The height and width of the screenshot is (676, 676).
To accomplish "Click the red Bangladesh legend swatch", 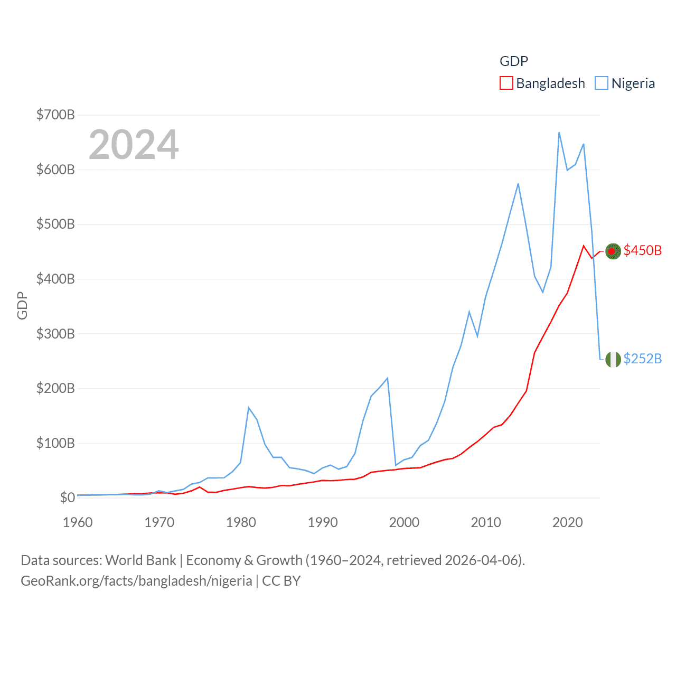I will (506, 83).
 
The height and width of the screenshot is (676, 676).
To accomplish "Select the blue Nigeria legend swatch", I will (601, 83).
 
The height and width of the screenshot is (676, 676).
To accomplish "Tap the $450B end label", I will (642, 250).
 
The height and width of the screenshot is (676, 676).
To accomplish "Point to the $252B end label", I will (642, 359).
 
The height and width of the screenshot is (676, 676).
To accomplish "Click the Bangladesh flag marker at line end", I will (613, 251).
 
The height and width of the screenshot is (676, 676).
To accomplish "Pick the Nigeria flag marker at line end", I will (613, 360).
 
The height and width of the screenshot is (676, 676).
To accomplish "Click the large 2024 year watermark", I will (134, 144).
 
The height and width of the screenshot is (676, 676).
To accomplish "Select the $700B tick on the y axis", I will (55, 115).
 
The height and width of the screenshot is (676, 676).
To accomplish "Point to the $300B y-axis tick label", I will (55, 334).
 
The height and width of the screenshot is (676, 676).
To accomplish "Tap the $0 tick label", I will (67, 497).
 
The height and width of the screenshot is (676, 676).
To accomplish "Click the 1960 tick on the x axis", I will (78, 522).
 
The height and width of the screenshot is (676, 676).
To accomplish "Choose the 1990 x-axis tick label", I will (323, 522).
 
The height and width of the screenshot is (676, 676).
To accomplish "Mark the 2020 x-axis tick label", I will (568, 522).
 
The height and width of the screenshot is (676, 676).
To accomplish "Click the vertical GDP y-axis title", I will (22, 305).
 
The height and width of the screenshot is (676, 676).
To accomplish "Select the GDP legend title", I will (514, 61).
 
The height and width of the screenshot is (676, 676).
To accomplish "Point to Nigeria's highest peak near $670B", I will (559, 133).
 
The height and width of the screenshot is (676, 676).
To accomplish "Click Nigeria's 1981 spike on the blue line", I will (249, 408).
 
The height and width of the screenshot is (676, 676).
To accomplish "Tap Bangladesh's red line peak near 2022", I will (584, 246).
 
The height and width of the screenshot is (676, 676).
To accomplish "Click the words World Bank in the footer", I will (140, 560).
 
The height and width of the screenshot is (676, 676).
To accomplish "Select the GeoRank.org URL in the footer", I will (136, 581).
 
